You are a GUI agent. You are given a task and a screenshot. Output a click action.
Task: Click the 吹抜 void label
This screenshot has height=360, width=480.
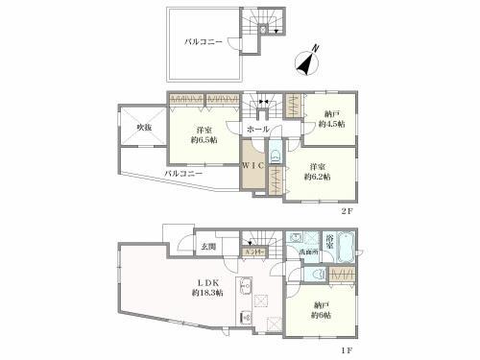click(143, 126)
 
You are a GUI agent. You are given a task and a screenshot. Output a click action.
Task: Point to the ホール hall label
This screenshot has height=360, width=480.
click(257, 128)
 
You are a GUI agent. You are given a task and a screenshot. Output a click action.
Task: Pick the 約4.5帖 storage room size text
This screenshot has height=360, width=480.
click(332, 125)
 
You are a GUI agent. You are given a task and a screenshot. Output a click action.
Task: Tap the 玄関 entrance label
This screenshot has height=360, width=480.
click(209, 247)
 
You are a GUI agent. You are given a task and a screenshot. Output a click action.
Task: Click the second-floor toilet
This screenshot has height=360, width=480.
click(275, 151)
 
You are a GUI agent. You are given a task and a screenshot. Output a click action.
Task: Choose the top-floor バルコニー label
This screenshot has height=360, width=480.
click(204, 42)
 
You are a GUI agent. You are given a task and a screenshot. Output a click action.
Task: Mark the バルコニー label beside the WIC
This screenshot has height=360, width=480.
click(183, 174)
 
